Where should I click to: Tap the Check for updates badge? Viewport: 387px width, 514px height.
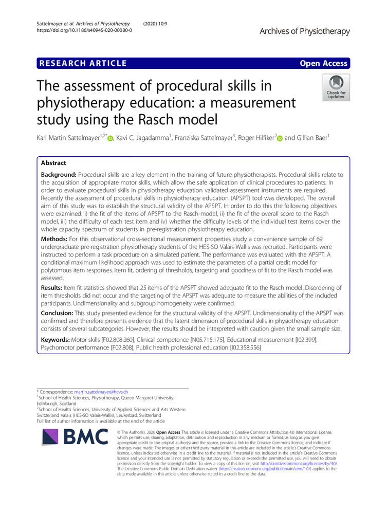pos(336,88)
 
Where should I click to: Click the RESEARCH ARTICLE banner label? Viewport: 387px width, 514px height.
pos(82,63)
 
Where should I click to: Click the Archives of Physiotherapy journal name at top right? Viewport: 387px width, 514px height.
pos(304,31)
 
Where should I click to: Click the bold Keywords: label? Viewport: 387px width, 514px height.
pos(58,341)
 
